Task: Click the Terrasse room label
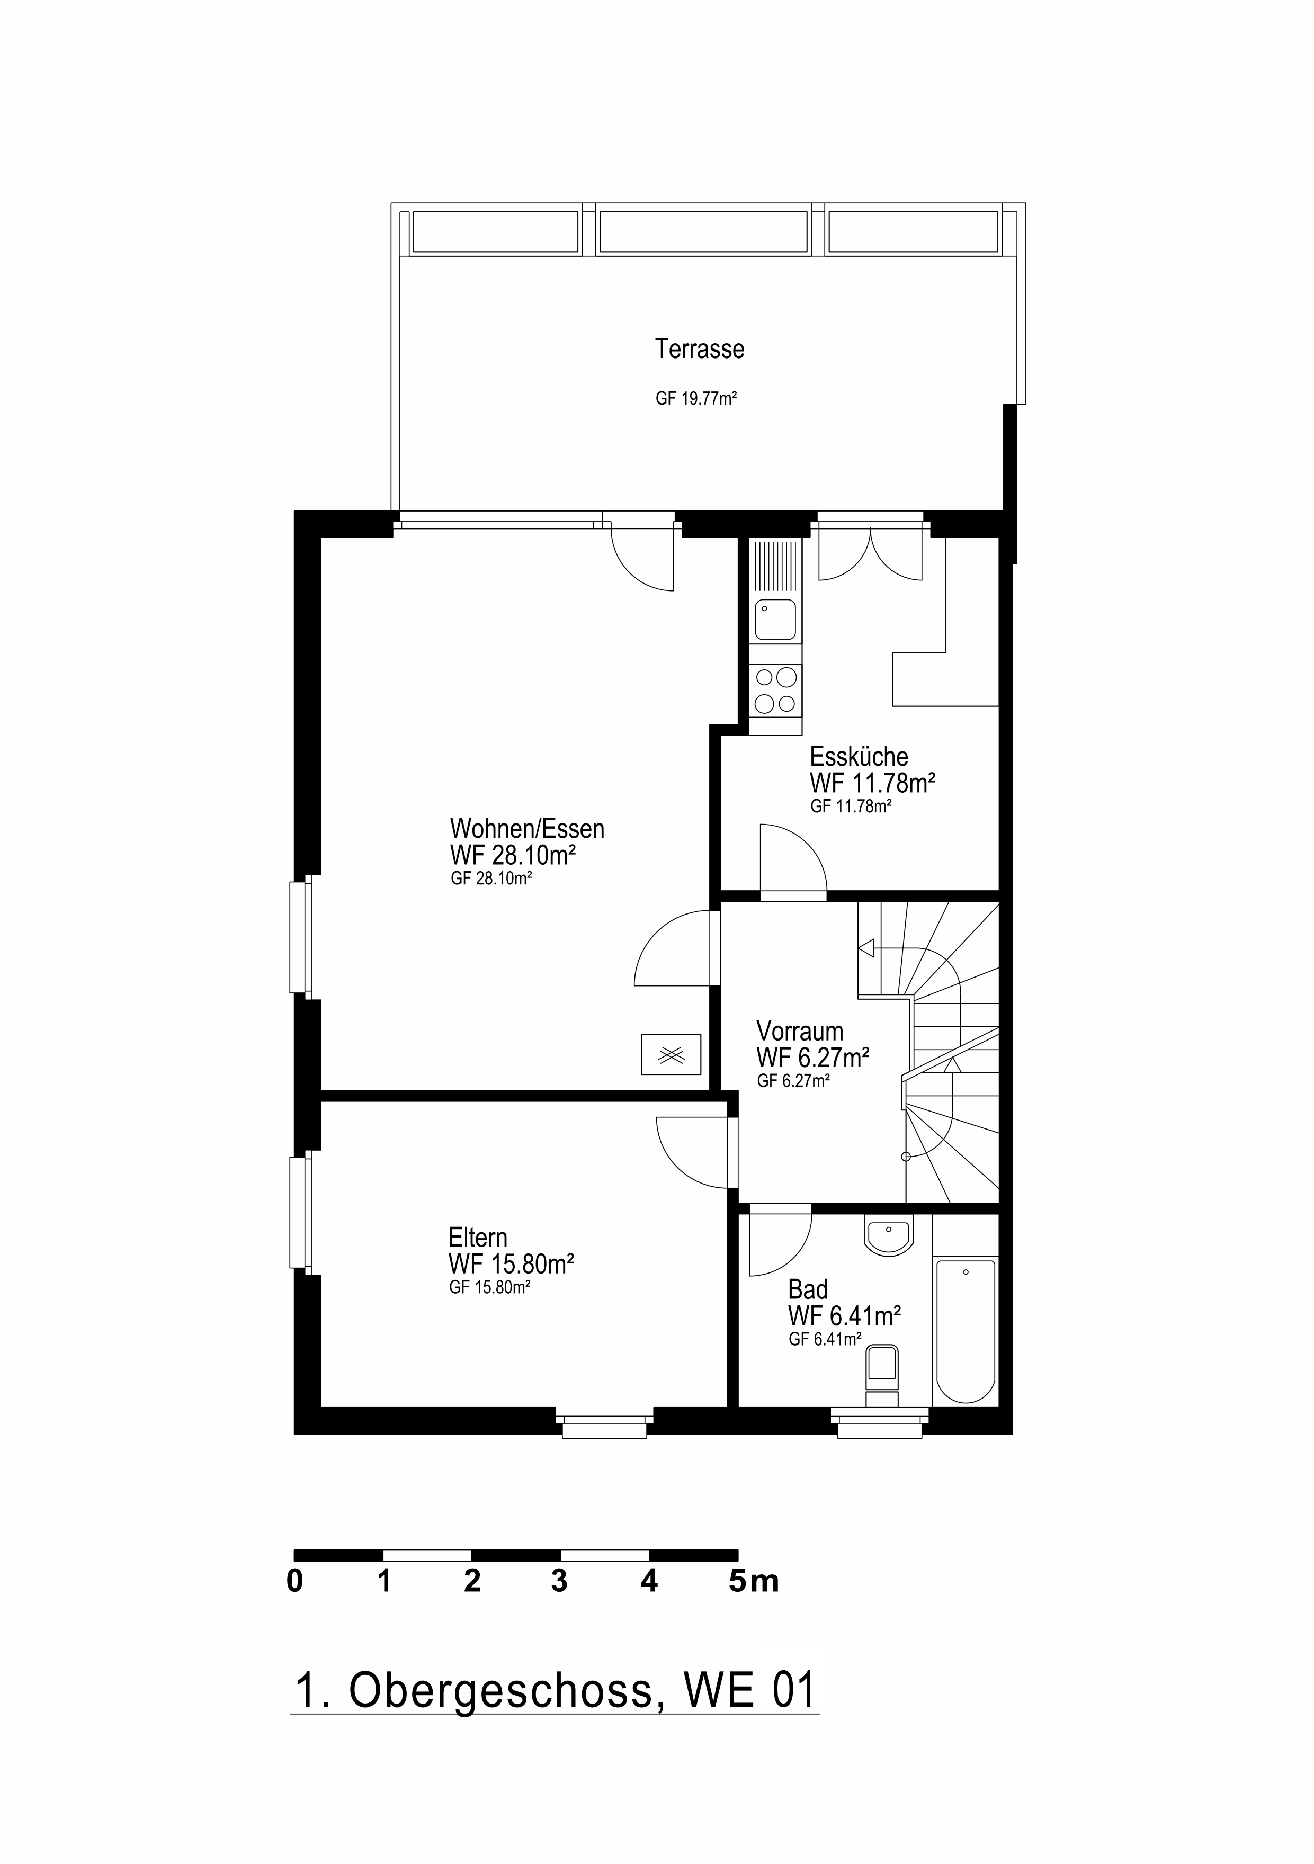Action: coord(699,349)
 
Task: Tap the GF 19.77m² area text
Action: coord(696,399)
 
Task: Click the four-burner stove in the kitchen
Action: coord(775,689)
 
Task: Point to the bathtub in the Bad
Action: coord(965,1331)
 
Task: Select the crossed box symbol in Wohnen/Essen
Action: coord(671,1054)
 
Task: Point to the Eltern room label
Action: coord(478,1237)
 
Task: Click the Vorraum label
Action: coord(799,1031)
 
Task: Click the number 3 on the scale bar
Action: coord(559,1581)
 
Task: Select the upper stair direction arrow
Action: coord(866,947)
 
